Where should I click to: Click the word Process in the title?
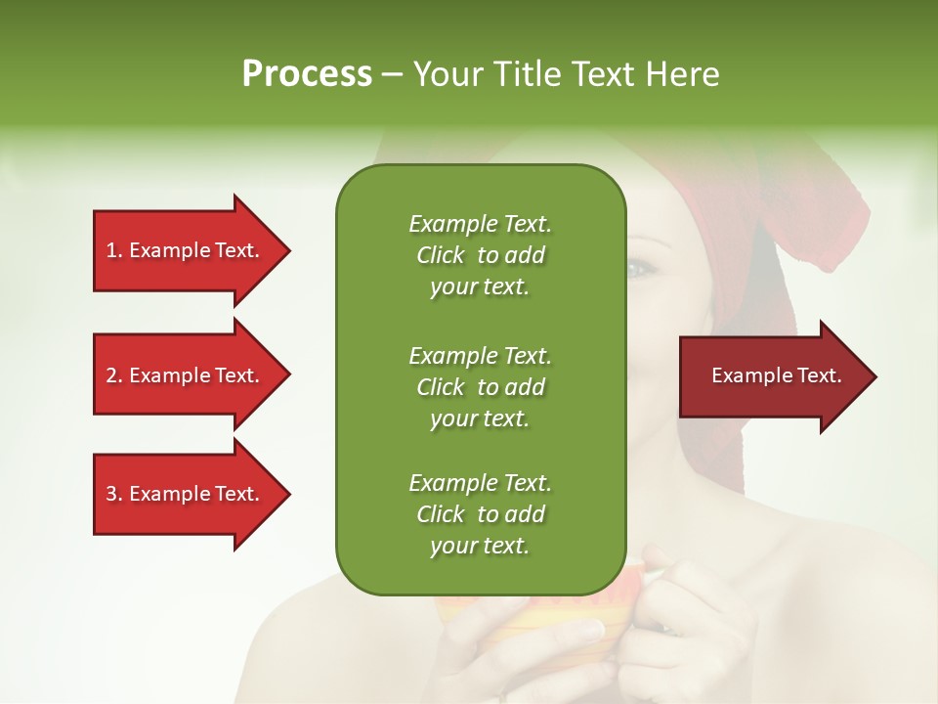pyautogui.click(x=307, y=74)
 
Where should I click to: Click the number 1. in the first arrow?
pyautogui.click(x=114, y=250)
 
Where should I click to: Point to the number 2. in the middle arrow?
pyautogui.click(x=114, y=375)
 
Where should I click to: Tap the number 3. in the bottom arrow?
pyautogui.click(x=114, y=494)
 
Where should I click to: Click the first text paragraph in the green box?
pyautogui.click(x=480, y=255)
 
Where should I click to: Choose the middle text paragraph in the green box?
pyautogui.click(x=480, y=387)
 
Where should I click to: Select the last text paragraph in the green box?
pyautogui.click(x=480, y=514)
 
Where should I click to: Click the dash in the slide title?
pyautogui.click(x=392, y=75)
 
